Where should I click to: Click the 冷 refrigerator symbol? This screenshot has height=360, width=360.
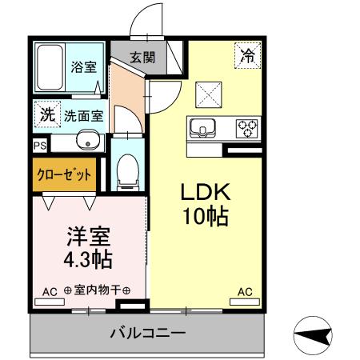pos(246,55)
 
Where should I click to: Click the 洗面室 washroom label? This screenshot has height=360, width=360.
pos(84,115)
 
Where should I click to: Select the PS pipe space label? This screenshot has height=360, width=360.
pos(39,146)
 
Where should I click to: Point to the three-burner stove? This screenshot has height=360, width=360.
pos(247,126)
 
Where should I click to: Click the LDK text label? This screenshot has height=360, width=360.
pos(204,192)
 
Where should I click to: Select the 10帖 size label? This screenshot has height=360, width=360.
pos(204,217)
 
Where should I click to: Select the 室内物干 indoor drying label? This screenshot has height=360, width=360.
pos(97,291)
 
